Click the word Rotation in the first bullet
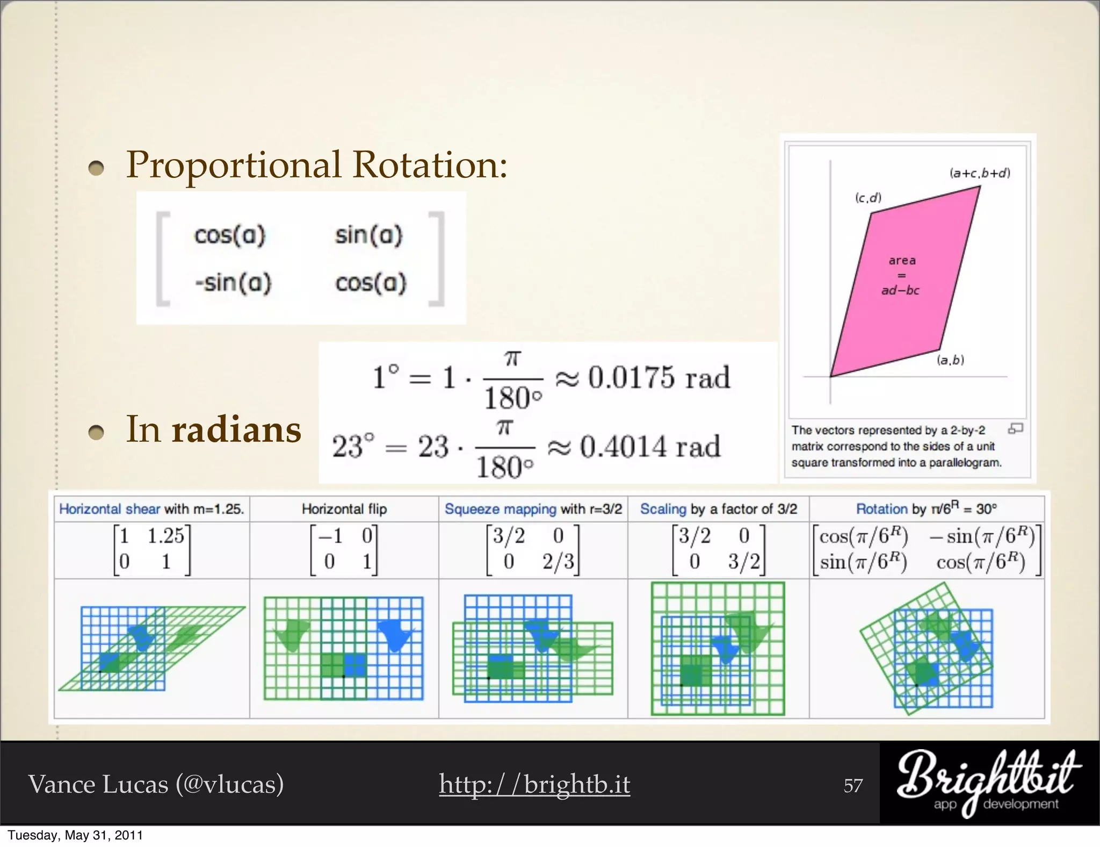click(430, 164)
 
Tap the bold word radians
click(236, 430)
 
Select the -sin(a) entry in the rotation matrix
click(233, 283)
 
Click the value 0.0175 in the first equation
click(631, 377)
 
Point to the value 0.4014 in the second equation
click(623, 447)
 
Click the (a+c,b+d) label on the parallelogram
click(980, 173)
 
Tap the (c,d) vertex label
click(868, 198)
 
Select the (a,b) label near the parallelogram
click(950, 360)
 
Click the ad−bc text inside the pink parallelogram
click(900, 291)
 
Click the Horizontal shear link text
click(110, 509)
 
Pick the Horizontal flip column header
click(344, 509)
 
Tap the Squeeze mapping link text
click(500, 509)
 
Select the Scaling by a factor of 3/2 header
click(718, 509)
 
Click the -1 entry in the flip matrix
click(330, 536)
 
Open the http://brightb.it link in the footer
click(534, 784)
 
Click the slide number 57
click(853, 786)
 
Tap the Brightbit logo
click(988, 782)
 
